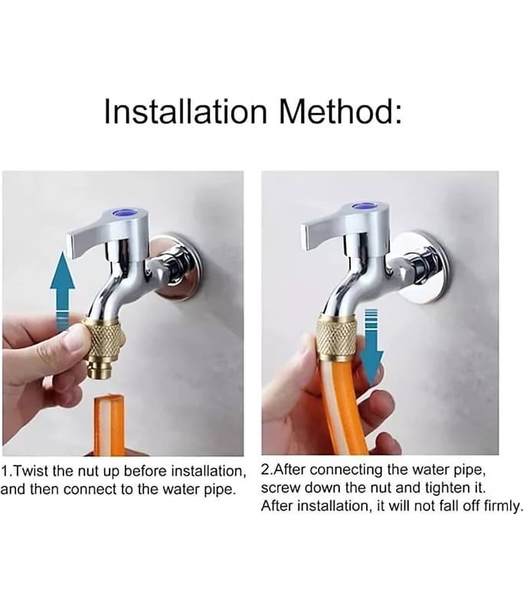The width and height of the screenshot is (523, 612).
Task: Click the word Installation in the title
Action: click(185, 111)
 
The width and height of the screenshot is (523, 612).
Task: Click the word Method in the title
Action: click(336, 111)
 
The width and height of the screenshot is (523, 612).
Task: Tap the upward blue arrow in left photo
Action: click(63, 291)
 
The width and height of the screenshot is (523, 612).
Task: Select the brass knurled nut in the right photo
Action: click(336, 337)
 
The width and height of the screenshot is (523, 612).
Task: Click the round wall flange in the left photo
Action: click(181, 267)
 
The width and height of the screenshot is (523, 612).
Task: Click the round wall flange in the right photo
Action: click(424, 266)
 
